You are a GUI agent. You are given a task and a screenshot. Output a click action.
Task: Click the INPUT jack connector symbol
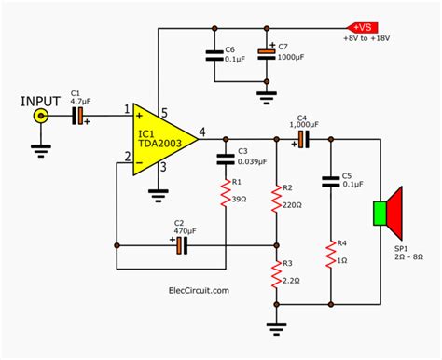(41, 116)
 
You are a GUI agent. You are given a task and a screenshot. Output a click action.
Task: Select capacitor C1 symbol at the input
(80, 116)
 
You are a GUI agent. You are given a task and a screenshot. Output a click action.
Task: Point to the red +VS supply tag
(361, 27)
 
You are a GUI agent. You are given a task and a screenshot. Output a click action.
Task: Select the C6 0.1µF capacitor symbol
(217, 59)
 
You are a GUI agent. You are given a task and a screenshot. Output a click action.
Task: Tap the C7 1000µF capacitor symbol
(269, 59)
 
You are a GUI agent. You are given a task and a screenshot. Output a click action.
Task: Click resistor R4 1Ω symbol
(331, 253)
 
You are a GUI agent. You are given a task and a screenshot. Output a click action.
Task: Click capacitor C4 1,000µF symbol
(304, 139)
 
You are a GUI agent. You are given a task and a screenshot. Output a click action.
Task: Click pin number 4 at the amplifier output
(203, 130)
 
